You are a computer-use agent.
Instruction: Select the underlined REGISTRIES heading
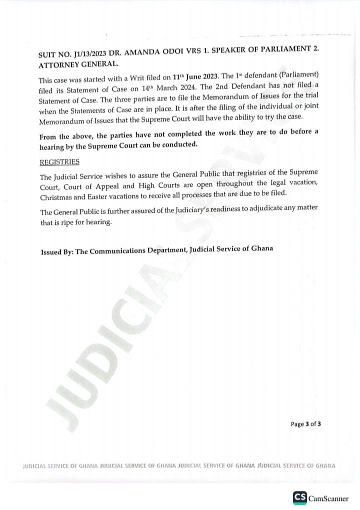point(59,162)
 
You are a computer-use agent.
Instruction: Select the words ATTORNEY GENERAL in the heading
point(78,65)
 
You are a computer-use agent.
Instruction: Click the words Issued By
point(56,252)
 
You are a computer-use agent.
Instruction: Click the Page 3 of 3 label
point(305,424)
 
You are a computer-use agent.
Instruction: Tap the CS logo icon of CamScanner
point(299,497)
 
